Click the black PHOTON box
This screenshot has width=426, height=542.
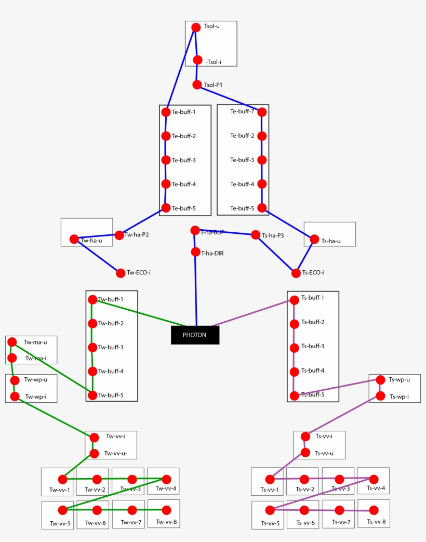(x=195, y=335)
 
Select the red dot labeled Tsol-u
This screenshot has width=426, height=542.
(x=196, y=28)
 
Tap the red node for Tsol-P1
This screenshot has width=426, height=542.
(x=197, y=85)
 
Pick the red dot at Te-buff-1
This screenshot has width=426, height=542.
(x=166, y=112)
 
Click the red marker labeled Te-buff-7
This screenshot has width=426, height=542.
(x=262, y=112)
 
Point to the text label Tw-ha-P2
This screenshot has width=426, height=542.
(x=137, y=235)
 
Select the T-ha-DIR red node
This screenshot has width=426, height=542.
(x=195, y=252)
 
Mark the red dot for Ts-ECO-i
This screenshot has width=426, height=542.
(x=296, y=273)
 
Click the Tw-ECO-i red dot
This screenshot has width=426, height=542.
(x=121, y=273)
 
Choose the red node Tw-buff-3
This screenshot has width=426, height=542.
(x=92, y=347)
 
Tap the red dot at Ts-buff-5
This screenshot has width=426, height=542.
(x=295, y=395)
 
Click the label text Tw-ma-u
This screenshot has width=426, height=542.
(x=35, y=342)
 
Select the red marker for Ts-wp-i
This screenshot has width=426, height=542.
(x=380, y=396)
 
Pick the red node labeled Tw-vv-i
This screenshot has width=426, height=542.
(x=94, y=438)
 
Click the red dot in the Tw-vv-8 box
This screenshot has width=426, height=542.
(x=166, y=510)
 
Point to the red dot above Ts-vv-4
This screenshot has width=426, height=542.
(x=374, y=479)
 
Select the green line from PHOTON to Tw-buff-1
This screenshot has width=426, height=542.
(x=140, y=313)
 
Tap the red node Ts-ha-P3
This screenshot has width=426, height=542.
(x=256, y=235)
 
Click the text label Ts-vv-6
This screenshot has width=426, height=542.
(x=305, y=523)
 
